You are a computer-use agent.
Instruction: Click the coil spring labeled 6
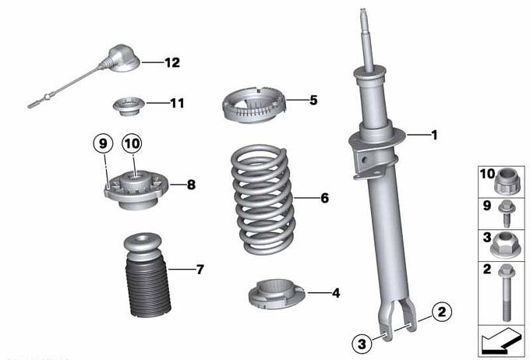[x=263, y=199]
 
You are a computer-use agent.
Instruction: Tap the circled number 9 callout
[x=103, y=143]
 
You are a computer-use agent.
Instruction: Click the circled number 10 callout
[x=132, y=143]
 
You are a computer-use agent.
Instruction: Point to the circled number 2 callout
[x=442, y=312]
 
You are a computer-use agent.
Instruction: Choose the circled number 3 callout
[x=362, y=344]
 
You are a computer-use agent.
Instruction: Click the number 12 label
[x=172, y=62]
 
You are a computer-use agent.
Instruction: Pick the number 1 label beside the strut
[x=434, y=135]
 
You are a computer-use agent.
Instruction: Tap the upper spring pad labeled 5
[x=254, y=105]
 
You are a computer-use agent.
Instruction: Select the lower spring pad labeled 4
[x=277, y=294]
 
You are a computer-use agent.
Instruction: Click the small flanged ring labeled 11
[x=129, y=106]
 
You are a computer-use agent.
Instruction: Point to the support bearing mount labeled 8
[x=136, y=189]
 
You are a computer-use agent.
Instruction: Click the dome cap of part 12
[x=122, y=58]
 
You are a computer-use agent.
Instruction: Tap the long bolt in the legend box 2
[x=506, y=293]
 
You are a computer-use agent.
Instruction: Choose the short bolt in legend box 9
[x=506, y=213]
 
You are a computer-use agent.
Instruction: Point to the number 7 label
[x=200, y=270]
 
